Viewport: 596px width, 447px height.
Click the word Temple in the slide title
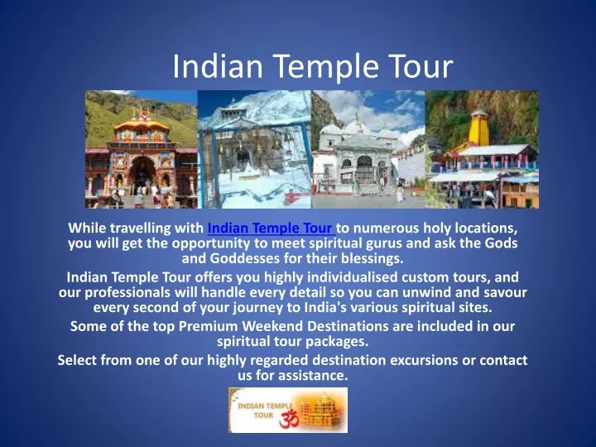pyautogui.click(x=326, y=66)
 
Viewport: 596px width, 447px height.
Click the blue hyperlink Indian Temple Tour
pyautogui.click(x=270, y=228)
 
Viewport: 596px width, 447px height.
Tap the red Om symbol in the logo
pyautogui.click(x=289, y=419)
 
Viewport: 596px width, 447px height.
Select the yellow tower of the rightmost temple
pyautogui.click(x=478, y=127)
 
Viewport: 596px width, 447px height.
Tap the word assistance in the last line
pyautogui.click(x=313, y=376)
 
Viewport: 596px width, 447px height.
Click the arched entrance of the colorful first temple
pyautogui.click(x=142, y=172)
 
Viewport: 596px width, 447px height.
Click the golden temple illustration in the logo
pyautogui.click(x=321, y=411)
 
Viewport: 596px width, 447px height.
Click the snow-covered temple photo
pyautogui.click(x=254, y=149)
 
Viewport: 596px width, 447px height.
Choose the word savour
pyautogui.click(x=505, y=293)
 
